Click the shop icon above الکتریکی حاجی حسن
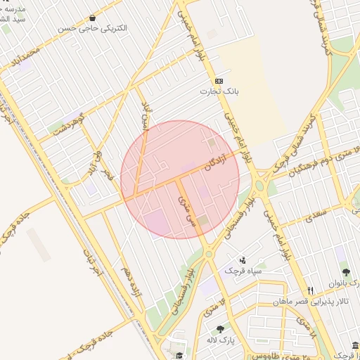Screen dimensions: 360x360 point(94,18)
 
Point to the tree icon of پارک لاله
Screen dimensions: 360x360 point(220,329)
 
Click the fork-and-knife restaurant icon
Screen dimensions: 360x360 point(310,290)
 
